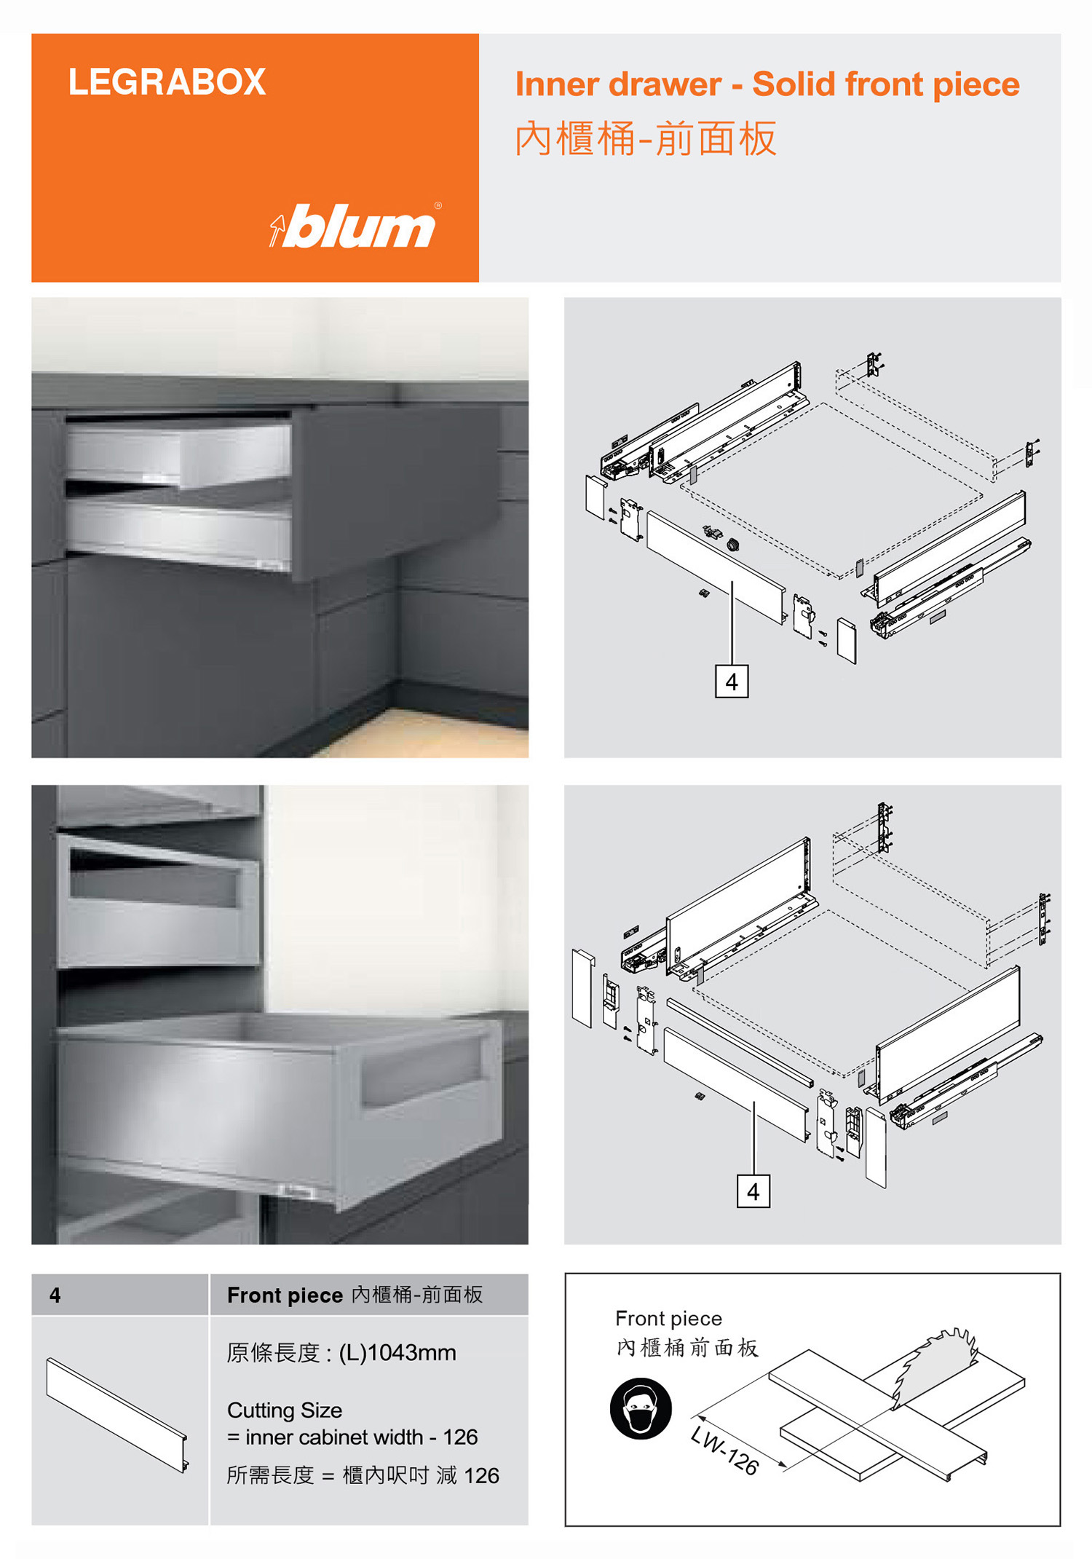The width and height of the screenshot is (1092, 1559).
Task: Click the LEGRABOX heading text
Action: pyautogui.click(x=167, y=82)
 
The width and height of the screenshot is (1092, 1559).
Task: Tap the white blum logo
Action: pyautogui.click(x=355, y=226)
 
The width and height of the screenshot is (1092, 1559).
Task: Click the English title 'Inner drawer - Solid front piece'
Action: pyautogui.click(x=767, y=84)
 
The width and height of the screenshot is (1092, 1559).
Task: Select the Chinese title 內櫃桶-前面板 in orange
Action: pyautogui.click(x=646, y=138)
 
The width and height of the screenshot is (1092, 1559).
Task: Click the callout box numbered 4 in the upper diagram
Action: pyautogui.click(x=732, y=681)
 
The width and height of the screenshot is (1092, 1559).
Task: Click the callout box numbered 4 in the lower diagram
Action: pyautogui.click(x=753, y=1191)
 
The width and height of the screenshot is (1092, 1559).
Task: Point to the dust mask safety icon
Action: pyautogui.click(x=641, y=1408)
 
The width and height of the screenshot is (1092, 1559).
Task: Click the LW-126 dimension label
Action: pyautogui.click(x=725, y=1451)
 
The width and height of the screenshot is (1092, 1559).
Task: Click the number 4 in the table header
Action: pyautogui.click(x=55, y=1295)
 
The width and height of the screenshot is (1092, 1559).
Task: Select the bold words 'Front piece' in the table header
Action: pyautogui.click(x=285, y=1295)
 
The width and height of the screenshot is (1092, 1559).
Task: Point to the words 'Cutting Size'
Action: pyautogui.click(x=285, y=1410)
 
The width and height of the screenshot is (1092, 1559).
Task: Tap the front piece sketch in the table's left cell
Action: pyautogui.click(x=116, y=1415)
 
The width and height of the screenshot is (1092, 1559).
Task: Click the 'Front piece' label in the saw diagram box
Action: pyautogui.click(x=668, y=1319)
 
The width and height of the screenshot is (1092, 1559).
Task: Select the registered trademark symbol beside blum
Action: pyautogui.click(x=438, y=205)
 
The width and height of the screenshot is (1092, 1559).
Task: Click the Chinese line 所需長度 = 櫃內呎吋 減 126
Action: pyautogui.click(x=363, y=1475)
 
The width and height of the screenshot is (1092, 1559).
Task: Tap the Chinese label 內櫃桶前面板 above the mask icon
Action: pyautogui.click(x=687, y=1348)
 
